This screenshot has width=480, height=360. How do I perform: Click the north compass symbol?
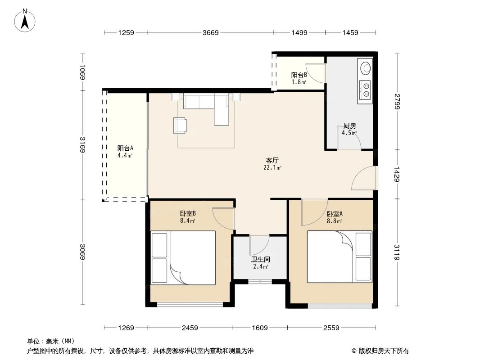point(25,20)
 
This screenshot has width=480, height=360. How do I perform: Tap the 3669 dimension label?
point(211,32)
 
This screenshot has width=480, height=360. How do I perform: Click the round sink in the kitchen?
point(366,68)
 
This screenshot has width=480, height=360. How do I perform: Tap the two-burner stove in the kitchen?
point(366,89)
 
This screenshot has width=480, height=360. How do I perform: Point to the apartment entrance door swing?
point(363,178)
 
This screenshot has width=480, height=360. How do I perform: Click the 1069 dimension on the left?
point(82,72)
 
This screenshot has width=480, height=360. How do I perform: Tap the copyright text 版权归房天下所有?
point(383,351)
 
